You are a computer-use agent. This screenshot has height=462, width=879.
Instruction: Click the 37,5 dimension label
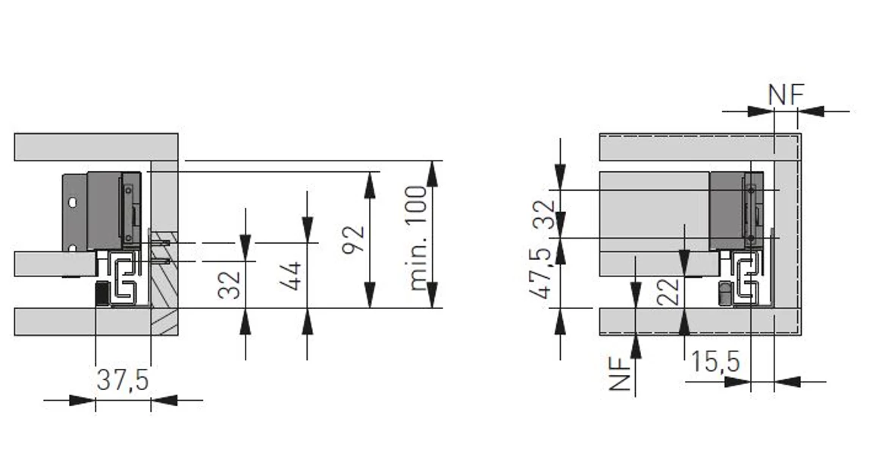122,380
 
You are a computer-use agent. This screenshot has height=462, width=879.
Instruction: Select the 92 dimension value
353,239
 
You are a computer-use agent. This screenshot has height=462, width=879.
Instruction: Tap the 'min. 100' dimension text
418,238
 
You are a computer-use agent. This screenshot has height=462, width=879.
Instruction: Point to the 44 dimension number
292,276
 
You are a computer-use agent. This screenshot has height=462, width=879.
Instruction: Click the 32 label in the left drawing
230,285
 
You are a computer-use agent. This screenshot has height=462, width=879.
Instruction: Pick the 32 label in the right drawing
544,214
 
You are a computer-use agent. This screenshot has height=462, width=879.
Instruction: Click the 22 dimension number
668,292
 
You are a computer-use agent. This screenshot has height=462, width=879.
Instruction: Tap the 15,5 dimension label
715,362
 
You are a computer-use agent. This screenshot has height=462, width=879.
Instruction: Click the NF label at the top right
786,95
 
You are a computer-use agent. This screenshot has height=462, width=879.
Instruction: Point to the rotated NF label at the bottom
620,374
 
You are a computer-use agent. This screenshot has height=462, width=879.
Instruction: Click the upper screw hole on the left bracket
72,202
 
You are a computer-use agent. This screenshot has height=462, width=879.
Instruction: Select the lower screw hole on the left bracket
72,248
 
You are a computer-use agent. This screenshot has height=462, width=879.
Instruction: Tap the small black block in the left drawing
102,294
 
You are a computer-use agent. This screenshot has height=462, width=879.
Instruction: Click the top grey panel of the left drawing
96,147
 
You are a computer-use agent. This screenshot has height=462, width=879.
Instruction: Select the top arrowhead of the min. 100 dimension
432,173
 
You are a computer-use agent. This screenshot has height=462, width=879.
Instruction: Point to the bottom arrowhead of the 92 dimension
370,295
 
